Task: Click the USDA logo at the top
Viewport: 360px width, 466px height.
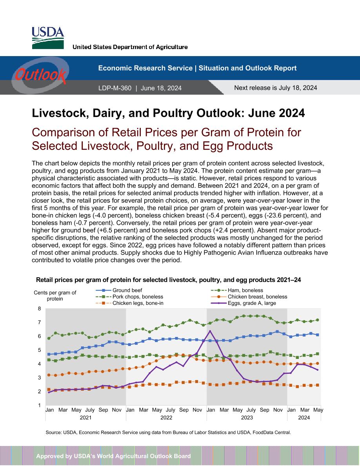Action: pyautogui.click(x=48, y=38)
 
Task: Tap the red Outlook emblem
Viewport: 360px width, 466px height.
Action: pyautogui.click(x=40, y=75)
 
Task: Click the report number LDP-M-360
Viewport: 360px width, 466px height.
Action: pyautogui.click(x=115, y=88)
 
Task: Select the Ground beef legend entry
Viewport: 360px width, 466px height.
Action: pyautogui.click(x=119, y=290)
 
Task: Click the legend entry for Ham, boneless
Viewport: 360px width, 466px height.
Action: pyautogui.click(x=237, y=290)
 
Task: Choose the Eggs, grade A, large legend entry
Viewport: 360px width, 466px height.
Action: pyautogui.click(x=243, y=303)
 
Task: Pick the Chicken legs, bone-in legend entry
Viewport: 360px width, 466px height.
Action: pyautogui.click(x=129, y=303)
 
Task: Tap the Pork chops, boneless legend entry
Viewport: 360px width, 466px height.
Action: pyautogui.click(x=129, y=297)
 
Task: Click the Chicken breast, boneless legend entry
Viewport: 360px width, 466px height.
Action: pyautogui.click(x=249, y=297)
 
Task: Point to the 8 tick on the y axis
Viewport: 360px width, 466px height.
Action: pyautogui.click(x=40, y=308)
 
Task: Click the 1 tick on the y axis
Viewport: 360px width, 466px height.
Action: pyautogui.click(x=40, y=405)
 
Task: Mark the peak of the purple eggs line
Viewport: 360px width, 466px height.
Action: pyautogui.click(x=210, y=331)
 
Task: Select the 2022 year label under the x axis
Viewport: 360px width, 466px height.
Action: pyautogui.click(x=166, y=417)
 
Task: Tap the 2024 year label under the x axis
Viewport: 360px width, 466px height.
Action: pyautogui.click(x=304, y=417)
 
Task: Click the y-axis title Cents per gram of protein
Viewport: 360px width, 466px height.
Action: pyautogui.click(x=55, y=295)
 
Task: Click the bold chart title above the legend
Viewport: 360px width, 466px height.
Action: pyautogui.click(x=168, y=280)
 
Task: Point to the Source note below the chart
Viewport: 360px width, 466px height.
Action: pyautogui.click(x=168, y=432)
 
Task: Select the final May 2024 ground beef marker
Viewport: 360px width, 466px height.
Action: pyautogui.click(x=318, y=335)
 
